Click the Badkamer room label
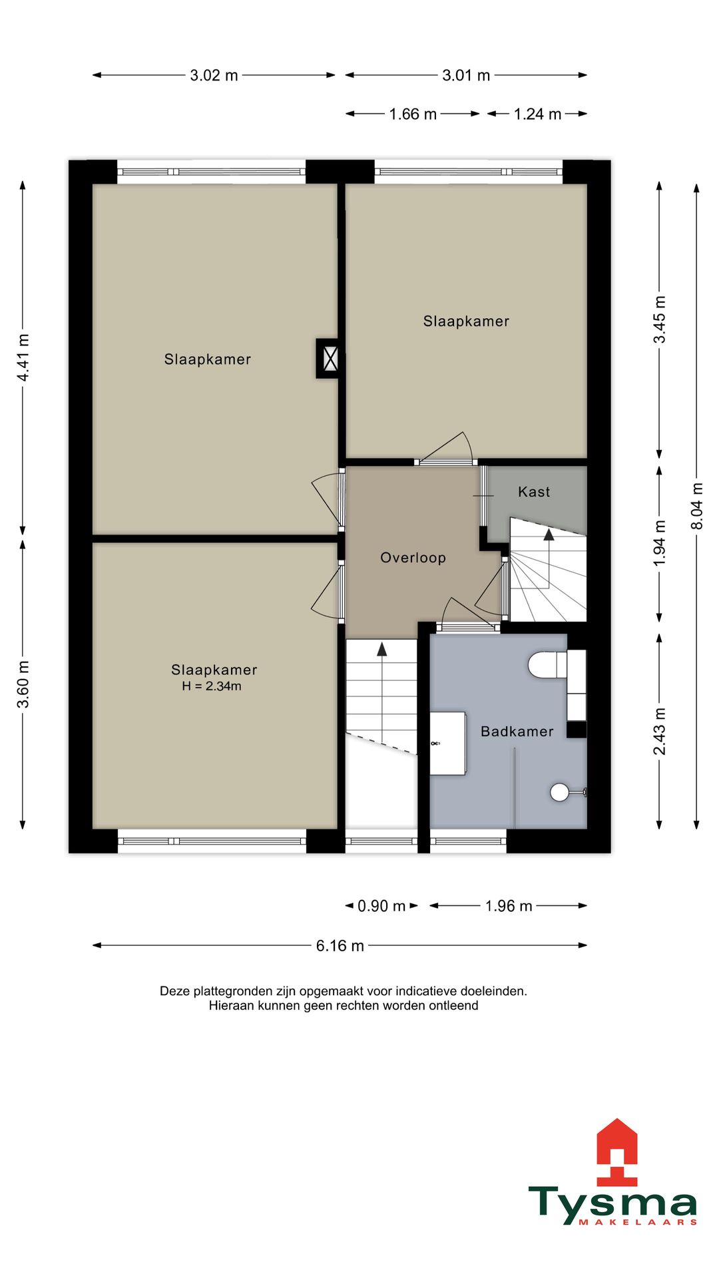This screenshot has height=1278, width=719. (x=517, y=732)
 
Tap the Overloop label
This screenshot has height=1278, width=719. (x=413, y=558)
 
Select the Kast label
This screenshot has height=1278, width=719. (x=534, y=492)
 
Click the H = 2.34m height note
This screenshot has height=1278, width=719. (x=212, y=686)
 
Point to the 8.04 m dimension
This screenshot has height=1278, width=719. (x=697, y=507)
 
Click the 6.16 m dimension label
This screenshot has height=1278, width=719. (x=340, y=946)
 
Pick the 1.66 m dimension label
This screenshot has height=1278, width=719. (x=413, y=114)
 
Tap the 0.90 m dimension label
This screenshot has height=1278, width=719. (x=381, y=906)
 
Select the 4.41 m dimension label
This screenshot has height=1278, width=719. (x=23, y=358)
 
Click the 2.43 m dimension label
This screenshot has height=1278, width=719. (x=659, y=732)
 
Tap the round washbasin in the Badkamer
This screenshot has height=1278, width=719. (x=560, y=792)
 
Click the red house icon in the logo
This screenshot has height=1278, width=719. (x=616, y=1152)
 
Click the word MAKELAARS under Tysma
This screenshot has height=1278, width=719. (x=638, y=1222)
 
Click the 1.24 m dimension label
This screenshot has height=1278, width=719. (x=537, y=114)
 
